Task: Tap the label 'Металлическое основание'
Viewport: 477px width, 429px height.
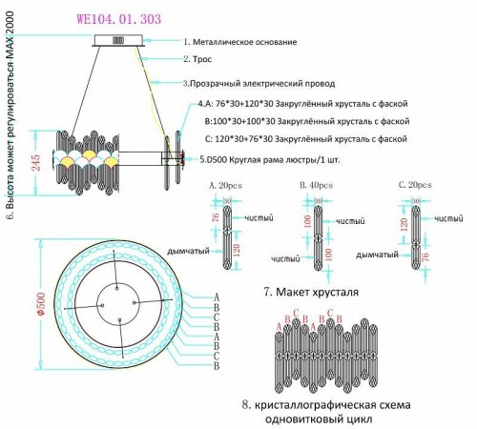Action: tap(247, 43)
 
